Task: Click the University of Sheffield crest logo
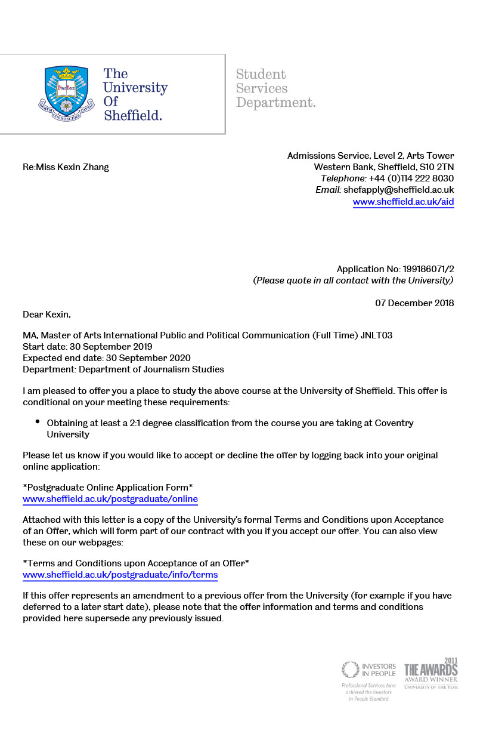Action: point(71,93)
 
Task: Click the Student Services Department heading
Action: point(275,88)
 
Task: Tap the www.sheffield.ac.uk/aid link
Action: point(403,202)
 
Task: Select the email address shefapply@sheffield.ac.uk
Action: point(399,190)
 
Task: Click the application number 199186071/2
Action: point(424,269)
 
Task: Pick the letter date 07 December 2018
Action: point(414,303)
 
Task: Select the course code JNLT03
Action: point(376,335)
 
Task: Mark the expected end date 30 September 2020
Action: point(148,358)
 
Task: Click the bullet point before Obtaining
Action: point(38,421)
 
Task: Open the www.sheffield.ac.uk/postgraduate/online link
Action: point(110,499)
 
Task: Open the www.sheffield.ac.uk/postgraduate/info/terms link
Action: point(120,575)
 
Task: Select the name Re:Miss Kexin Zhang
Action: point(66,167)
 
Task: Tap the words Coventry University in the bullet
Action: point(394,423)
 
